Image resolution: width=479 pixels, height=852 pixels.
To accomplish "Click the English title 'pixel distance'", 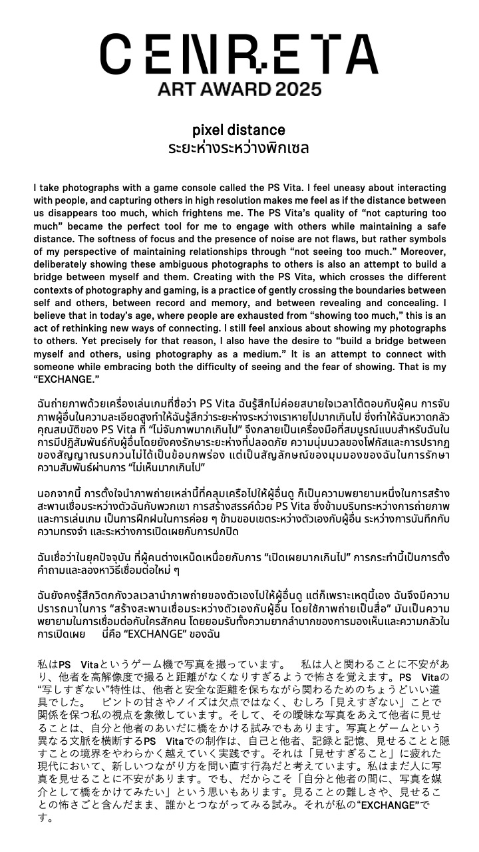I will pyautogui.click(x=238, y=130).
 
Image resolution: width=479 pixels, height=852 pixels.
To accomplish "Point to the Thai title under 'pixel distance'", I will pyautogui.click(x=238, y=147).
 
